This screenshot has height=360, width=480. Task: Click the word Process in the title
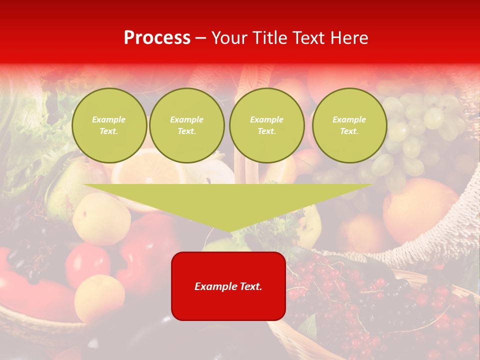click(x=157, y=38)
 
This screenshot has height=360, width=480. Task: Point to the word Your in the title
click(x=229, y=38)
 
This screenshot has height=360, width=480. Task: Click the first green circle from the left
click(x=109, y=125)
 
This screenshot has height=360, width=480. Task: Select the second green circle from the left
click(x=186, y=125)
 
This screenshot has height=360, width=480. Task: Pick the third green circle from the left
click(x=266, y=125)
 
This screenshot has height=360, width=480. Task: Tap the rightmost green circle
click(x=349, y=125)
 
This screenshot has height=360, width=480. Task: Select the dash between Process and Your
click(x=201, y=38)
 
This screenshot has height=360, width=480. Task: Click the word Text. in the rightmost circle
click(x=349, y=131)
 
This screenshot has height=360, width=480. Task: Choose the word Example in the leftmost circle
click(x=109, y=120)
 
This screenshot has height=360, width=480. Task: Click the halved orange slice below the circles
click(x=147, y=170)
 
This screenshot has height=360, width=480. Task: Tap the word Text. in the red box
click(x=250, y=286)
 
